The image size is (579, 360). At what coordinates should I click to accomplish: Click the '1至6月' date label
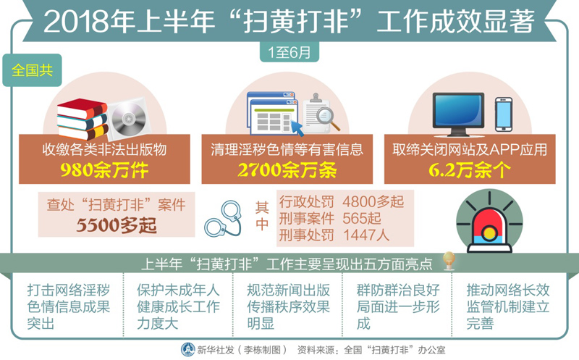click(x=289, y=52)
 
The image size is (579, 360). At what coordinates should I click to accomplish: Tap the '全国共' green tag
click(x=32, y=70)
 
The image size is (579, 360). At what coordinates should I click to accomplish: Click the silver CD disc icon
click(x=129, y=118)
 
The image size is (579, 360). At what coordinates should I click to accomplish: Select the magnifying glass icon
click(x=328, y=118)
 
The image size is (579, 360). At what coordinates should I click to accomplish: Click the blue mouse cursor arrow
click(x=297, y=127)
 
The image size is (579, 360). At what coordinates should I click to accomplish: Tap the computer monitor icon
click(x=458, y=114)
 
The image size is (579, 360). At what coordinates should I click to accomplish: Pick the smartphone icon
click(x=503, y=114)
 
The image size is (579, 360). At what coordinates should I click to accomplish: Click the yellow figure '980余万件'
click(x=104, y=170)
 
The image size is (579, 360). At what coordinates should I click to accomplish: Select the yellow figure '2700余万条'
click(x=287, y=170)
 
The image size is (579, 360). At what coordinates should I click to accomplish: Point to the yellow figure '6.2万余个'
click(x=469, y=170)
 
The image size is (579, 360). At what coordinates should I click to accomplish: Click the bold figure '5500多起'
click(x=117, y=225)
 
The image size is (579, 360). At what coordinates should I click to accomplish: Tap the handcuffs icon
click(x=224, y=219)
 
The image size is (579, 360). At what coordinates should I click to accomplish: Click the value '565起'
click(x=361, y=219)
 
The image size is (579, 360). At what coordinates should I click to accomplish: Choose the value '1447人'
click(x=366, y=235)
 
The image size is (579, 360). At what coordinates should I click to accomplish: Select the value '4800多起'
click(x=373, y=202)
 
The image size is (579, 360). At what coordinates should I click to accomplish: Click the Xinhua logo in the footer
click(x=187, y=350)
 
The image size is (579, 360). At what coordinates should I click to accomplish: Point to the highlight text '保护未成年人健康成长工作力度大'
click(x=178, y=307)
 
